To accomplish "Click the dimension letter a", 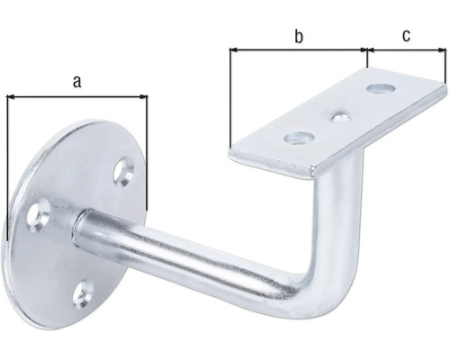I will [x=77, y=81].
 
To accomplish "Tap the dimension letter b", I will [x=298, y=36].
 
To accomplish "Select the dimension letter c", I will [x=407, y=36].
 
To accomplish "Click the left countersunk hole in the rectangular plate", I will [x=296, y=138].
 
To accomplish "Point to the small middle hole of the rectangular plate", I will [x=341, y=115].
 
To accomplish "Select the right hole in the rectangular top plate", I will [x=383, y=89].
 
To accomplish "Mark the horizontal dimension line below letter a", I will [x=77, y=94].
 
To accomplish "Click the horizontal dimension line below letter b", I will [x=298, y=51].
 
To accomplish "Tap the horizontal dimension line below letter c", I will [x=407, y=51].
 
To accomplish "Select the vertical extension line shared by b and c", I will [x=367, y=59].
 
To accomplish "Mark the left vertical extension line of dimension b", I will [x=230, y=99].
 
